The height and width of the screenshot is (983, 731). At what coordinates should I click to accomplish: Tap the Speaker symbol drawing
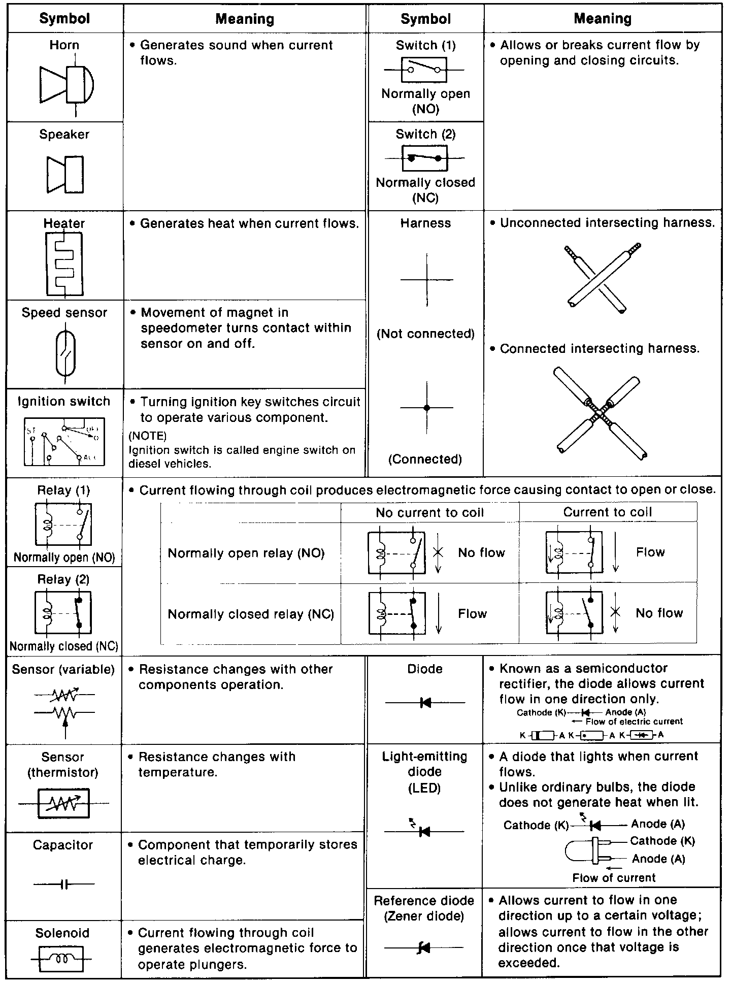65,174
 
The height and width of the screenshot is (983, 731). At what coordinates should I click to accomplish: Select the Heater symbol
64,264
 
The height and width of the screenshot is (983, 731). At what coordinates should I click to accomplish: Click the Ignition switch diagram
64,442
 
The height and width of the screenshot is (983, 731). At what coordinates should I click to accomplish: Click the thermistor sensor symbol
64,803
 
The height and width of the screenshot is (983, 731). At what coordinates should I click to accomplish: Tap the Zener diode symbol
423,947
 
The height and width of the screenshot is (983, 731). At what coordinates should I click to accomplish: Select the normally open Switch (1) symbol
424,70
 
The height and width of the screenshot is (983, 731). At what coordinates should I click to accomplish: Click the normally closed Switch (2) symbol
425,158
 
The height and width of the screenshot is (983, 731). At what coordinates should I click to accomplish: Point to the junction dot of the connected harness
427,408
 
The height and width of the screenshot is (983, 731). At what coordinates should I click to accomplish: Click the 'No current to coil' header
429,513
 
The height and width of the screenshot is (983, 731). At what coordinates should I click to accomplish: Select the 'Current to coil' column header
608,512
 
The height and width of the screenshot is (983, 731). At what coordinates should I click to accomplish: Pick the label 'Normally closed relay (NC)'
251,614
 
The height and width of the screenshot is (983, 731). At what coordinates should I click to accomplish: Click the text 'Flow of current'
614,878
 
